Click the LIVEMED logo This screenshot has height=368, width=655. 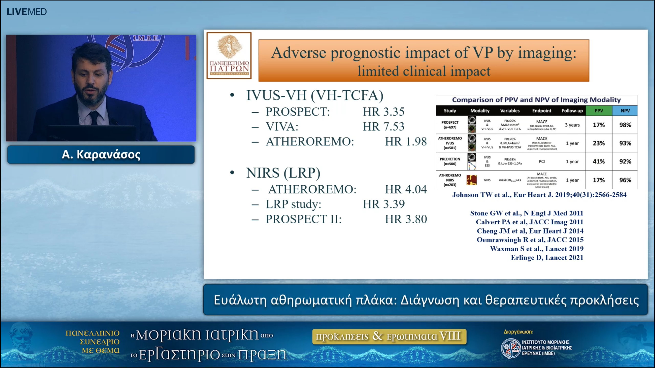[x=27, y=12]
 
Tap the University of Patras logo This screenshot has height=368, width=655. [x=229, y=55]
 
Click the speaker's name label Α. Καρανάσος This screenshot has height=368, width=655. [x=101, y=155]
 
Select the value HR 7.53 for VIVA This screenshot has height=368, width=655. [x=383, y=127]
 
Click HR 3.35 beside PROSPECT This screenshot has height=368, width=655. [x=383, y=112]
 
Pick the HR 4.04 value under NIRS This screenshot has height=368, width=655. [x=406, y=190]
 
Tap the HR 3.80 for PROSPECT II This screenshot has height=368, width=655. [x=406, y=219]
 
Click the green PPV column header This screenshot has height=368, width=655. [x=599, y=111]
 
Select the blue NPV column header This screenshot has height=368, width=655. [x=625, y=111]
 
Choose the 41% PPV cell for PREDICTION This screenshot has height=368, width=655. [x=599, y=162]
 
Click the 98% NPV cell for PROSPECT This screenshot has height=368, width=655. [x=625, y=125]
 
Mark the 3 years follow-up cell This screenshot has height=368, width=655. [x=572, y=125]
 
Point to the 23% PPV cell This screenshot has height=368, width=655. [x=599, y=143]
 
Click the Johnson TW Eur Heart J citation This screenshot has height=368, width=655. [x=539, y=195]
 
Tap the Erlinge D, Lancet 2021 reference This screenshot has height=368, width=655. [x=547, y=258]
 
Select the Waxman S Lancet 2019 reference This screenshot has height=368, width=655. [x=537, y=249]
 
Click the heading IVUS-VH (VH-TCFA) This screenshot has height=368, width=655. [x=314, y=95]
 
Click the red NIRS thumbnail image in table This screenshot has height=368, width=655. [x=472, y=180]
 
